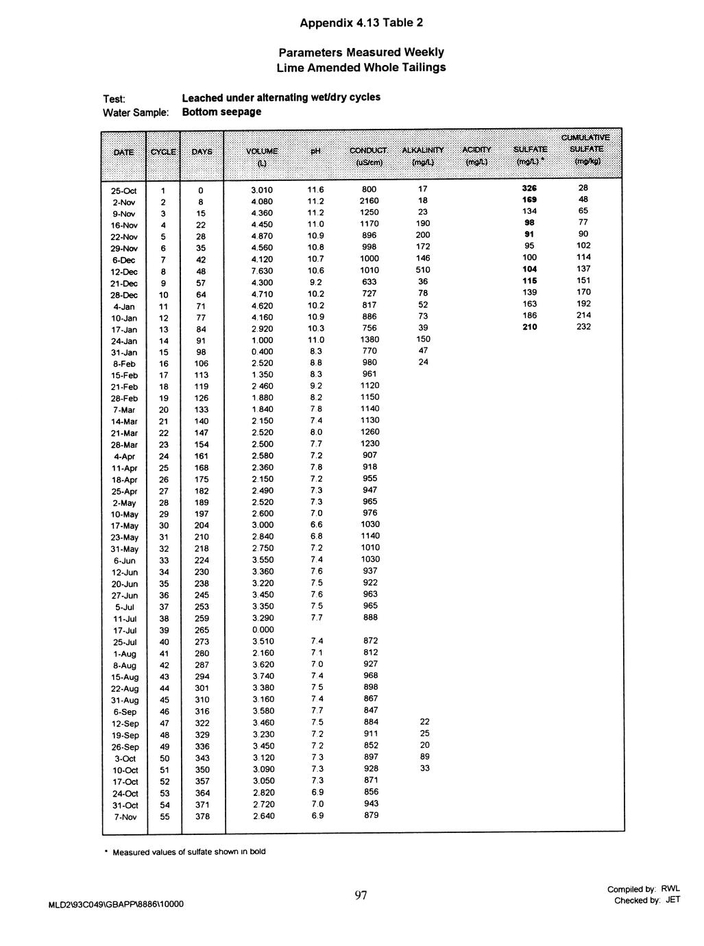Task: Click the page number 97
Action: [361, 895]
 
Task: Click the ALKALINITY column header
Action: [424, 149]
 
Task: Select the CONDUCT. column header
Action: [369, 150]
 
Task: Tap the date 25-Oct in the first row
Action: [124, 190]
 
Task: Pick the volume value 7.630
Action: [263, 271]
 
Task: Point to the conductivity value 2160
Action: [369, 201]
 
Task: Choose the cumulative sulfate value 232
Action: [583, 327]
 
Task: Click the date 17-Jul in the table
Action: [126, 631]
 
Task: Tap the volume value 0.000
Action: [263, 630]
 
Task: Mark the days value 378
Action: [202, 816]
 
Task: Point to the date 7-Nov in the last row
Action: [126, 817]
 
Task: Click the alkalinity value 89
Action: [424, 757]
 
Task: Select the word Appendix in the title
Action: [325, 23]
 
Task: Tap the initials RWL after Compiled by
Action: [670, 889]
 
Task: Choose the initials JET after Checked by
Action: [672, 900]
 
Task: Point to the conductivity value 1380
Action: [369, 339]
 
